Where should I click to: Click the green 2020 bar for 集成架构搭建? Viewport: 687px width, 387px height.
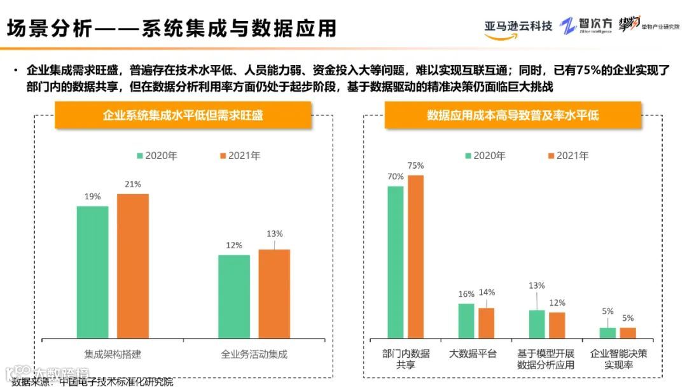pyautogui.click(x=92, y=272)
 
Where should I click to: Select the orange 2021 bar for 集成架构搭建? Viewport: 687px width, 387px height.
pyautogui.click(x=132, y=265)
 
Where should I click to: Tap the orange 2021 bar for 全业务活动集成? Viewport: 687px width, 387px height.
pyautogui.click(x=274, y=293)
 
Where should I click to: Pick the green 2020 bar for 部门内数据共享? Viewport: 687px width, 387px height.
pyautogui.click(x=396, y=262)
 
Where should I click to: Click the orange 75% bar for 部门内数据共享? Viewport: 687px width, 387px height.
pyautogui.click(x=415, y=256)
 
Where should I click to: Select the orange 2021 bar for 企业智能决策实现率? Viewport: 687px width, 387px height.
pyautogui.click(x=628, y=332)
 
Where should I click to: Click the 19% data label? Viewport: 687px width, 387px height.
pyautogui.click(x=92, y=197)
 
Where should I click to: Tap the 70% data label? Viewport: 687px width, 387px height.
pyautogui.click(x=396, y=176)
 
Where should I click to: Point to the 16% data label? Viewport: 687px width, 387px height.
pyautogui.click(x=466, y=294)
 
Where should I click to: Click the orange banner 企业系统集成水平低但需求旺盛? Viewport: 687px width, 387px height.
pyautogui.click(x=183, y=115)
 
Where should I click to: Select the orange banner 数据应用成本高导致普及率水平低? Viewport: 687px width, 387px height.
pyautogui.click(x=513, y=115)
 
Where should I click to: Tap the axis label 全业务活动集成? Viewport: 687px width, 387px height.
pyautogui.click(x=254, y=353)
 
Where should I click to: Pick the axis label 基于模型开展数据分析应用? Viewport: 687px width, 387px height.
pyautogui.click(x=545, y=359)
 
